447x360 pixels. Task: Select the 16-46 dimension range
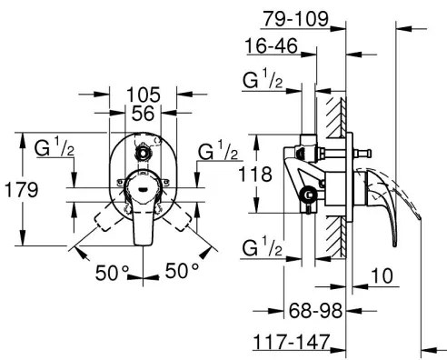click(x=269, y=46)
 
